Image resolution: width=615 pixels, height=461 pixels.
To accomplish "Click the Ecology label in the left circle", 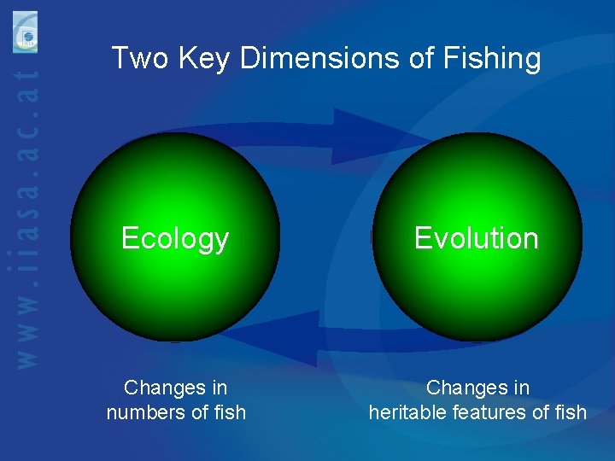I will pyautogui.click(x=175, y=238).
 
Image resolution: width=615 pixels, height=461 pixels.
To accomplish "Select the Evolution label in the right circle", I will pyautogui.click(x=477, y=238).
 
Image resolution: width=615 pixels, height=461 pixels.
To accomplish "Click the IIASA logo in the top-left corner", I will pyautogui.click(x=26, y=32).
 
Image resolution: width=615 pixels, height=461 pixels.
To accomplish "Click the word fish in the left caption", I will pyautogui.click(x=230, y=413).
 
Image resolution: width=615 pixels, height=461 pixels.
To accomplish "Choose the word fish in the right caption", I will pyautogui.click(x=571, y=413).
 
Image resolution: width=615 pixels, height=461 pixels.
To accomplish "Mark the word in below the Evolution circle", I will pyautogui.click(x=521, y=388).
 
